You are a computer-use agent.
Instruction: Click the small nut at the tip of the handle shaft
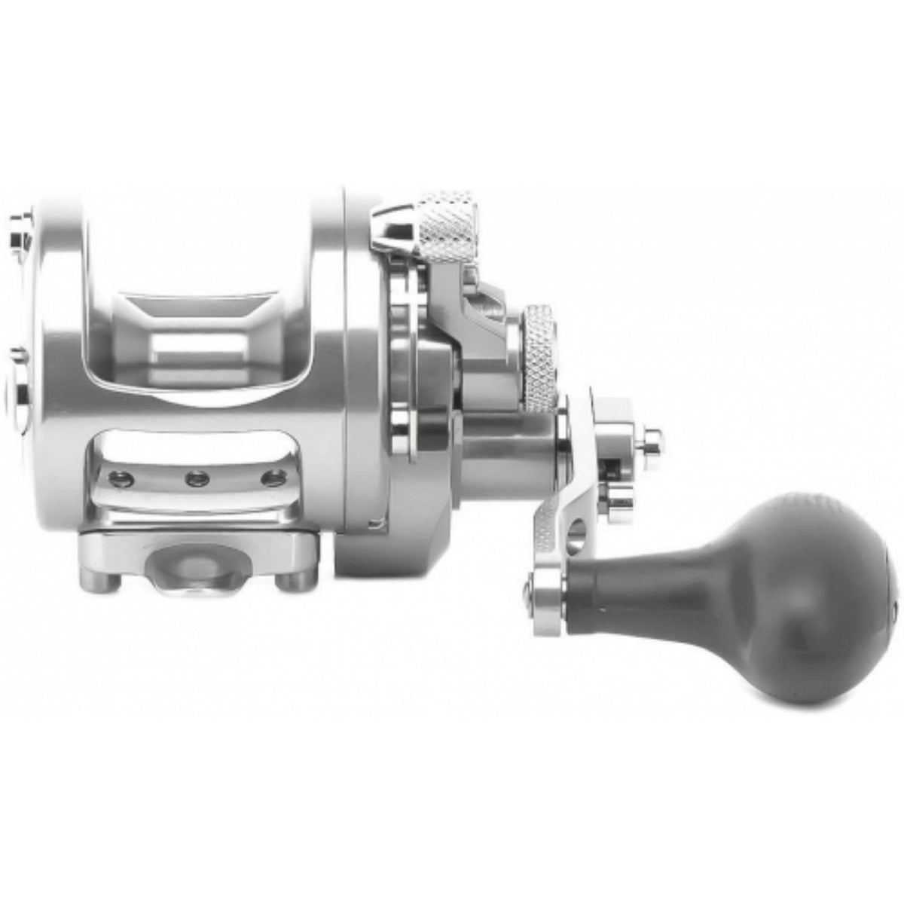(649, 439)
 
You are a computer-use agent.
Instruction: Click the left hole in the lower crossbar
(117, 478)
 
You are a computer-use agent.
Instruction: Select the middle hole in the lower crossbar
(197, 478)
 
